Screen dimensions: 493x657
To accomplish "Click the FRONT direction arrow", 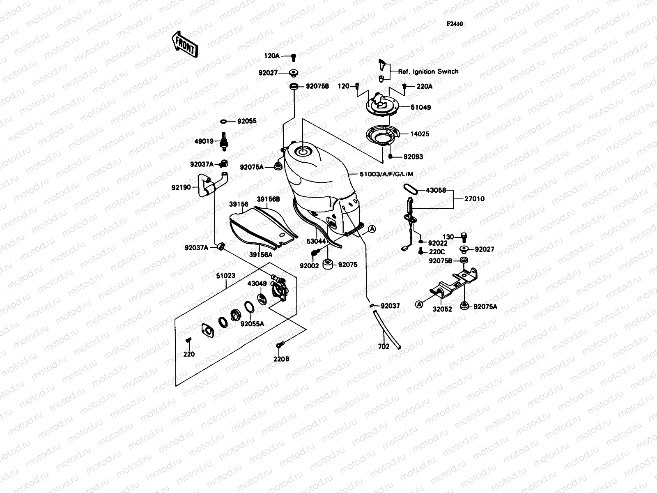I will (185, 44).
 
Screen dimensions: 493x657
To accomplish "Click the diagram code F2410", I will (455, 24).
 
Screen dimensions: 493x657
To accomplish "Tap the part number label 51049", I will (420, 108).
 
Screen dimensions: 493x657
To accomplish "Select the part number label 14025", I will (419, 134).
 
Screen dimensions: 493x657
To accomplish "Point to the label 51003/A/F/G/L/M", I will (386, 174).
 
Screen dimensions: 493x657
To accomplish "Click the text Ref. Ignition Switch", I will (428, 71).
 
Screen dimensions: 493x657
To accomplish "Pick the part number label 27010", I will (474, 199).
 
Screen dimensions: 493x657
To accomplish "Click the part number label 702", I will (384, 347).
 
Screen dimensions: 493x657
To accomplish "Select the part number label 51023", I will (226, 276).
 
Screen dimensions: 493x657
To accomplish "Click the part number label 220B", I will (282, 359).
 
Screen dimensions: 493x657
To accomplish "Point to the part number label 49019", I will (204, 141).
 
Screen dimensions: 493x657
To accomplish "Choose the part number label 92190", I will (181, 187).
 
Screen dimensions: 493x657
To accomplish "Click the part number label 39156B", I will (268, 199).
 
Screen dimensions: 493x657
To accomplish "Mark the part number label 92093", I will (413, 157).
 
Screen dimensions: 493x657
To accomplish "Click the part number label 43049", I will (257, 283).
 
